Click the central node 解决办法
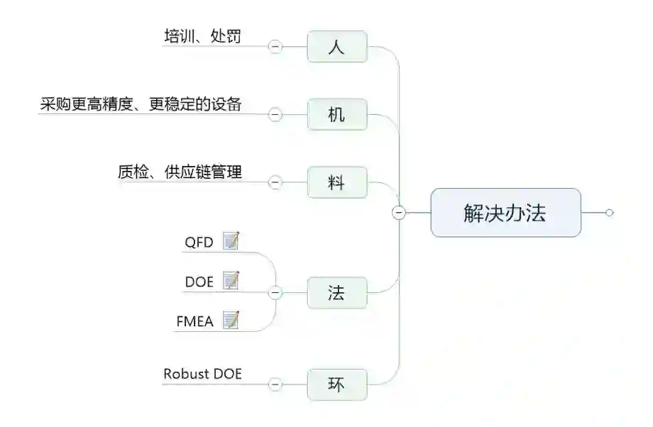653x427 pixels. [505, 213]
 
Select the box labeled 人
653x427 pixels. [337, 47]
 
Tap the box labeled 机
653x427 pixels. [337, 114]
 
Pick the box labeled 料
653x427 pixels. [337, 182]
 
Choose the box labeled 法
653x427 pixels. [337, 292]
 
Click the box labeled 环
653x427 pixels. [337, 384]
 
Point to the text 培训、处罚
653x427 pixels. [202, 36]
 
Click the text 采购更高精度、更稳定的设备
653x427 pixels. [141, 104]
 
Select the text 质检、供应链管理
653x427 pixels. [180, 172]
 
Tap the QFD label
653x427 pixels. [199, 242]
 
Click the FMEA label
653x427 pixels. [194, 321]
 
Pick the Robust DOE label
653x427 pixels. [202, 374]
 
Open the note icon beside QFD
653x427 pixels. [231, 241]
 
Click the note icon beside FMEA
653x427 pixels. [231, 321]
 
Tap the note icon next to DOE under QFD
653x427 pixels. [231, 281]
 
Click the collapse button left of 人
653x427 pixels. [275, 47]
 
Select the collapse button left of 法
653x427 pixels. [275, 292]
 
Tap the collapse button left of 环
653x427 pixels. [275, 384]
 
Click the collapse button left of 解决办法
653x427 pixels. [399, 213]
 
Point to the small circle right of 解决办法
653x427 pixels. [609, 213]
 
